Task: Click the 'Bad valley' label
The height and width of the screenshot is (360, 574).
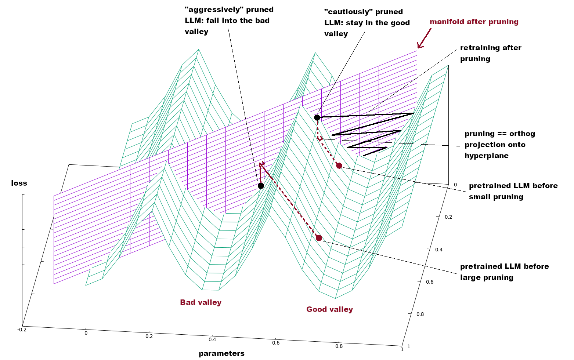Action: (201, 302)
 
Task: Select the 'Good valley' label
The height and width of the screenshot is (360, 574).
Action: (329, 309)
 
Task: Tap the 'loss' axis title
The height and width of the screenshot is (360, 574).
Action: (19, 183)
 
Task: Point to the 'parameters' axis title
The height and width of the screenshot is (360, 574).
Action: (221, 353)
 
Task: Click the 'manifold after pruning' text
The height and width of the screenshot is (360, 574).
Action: (474, 22)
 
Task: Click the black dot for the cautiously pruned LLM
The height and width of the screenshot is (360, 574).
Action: (317, 117)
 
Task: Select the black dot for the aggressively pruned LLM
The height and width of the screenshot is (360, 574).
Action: (261, 186)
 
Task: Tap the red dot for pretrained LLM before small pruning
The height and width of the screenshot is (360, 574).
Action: (339, 166)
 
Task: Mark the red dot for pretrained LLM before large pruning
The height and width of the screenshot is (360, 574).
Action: (319, 238)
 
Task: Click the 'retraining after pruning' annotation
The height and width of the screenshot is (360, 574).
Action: (490, 53)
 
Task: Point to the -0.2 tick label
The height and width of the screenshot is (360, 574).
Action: (22, 330)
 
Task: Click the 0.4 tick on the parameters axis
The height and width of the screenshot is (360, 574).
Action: (212, 339)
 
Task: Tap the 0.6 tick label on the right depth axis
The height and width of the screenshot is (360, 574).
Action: (429, 282)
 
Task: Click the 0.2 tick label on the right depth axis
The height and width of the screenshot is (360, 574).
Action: (448, 217)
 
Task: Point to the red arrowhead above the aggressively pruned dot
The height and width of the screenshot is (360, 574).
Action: (261, 164)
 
